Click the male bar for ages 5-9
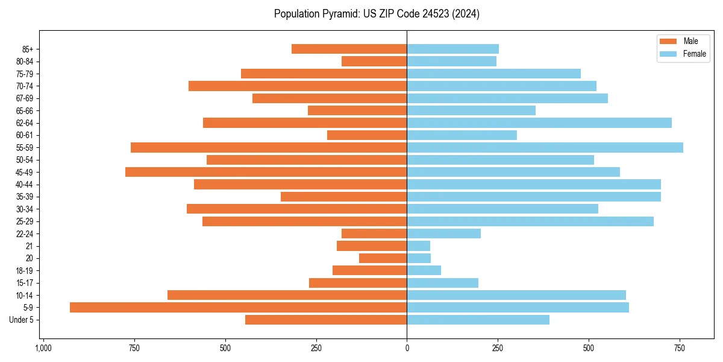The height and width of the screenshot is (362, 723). [238, 307]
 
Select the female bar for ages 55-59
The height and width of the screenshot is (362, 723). [545, 147]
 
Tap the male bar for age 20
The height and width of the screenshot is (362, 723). [383, 258]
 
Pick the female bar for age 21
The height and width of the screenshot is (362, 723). [418, 246]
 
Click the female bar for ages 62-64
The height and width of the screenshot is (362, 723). [539, 122]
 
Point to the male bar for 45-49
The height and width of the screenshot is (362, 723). [266, 172]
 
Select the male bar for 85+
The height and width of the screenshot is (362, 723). [349, 49]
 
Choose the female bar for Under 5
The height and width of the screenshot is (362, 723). [478, 320]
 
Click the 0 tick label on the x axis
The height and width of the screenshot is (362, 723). [407, 349]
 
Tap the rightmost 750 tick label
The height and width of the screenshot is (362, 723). [680, 349]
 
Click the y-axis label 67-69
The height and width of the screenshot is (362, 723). [25, 98]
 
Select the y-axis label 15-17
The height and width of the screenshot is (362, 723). [25, 283]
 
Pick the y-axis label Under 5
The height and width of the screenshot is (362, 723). [21, 320]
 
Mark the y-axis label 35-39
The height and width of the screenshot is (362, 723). [25, 197]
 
